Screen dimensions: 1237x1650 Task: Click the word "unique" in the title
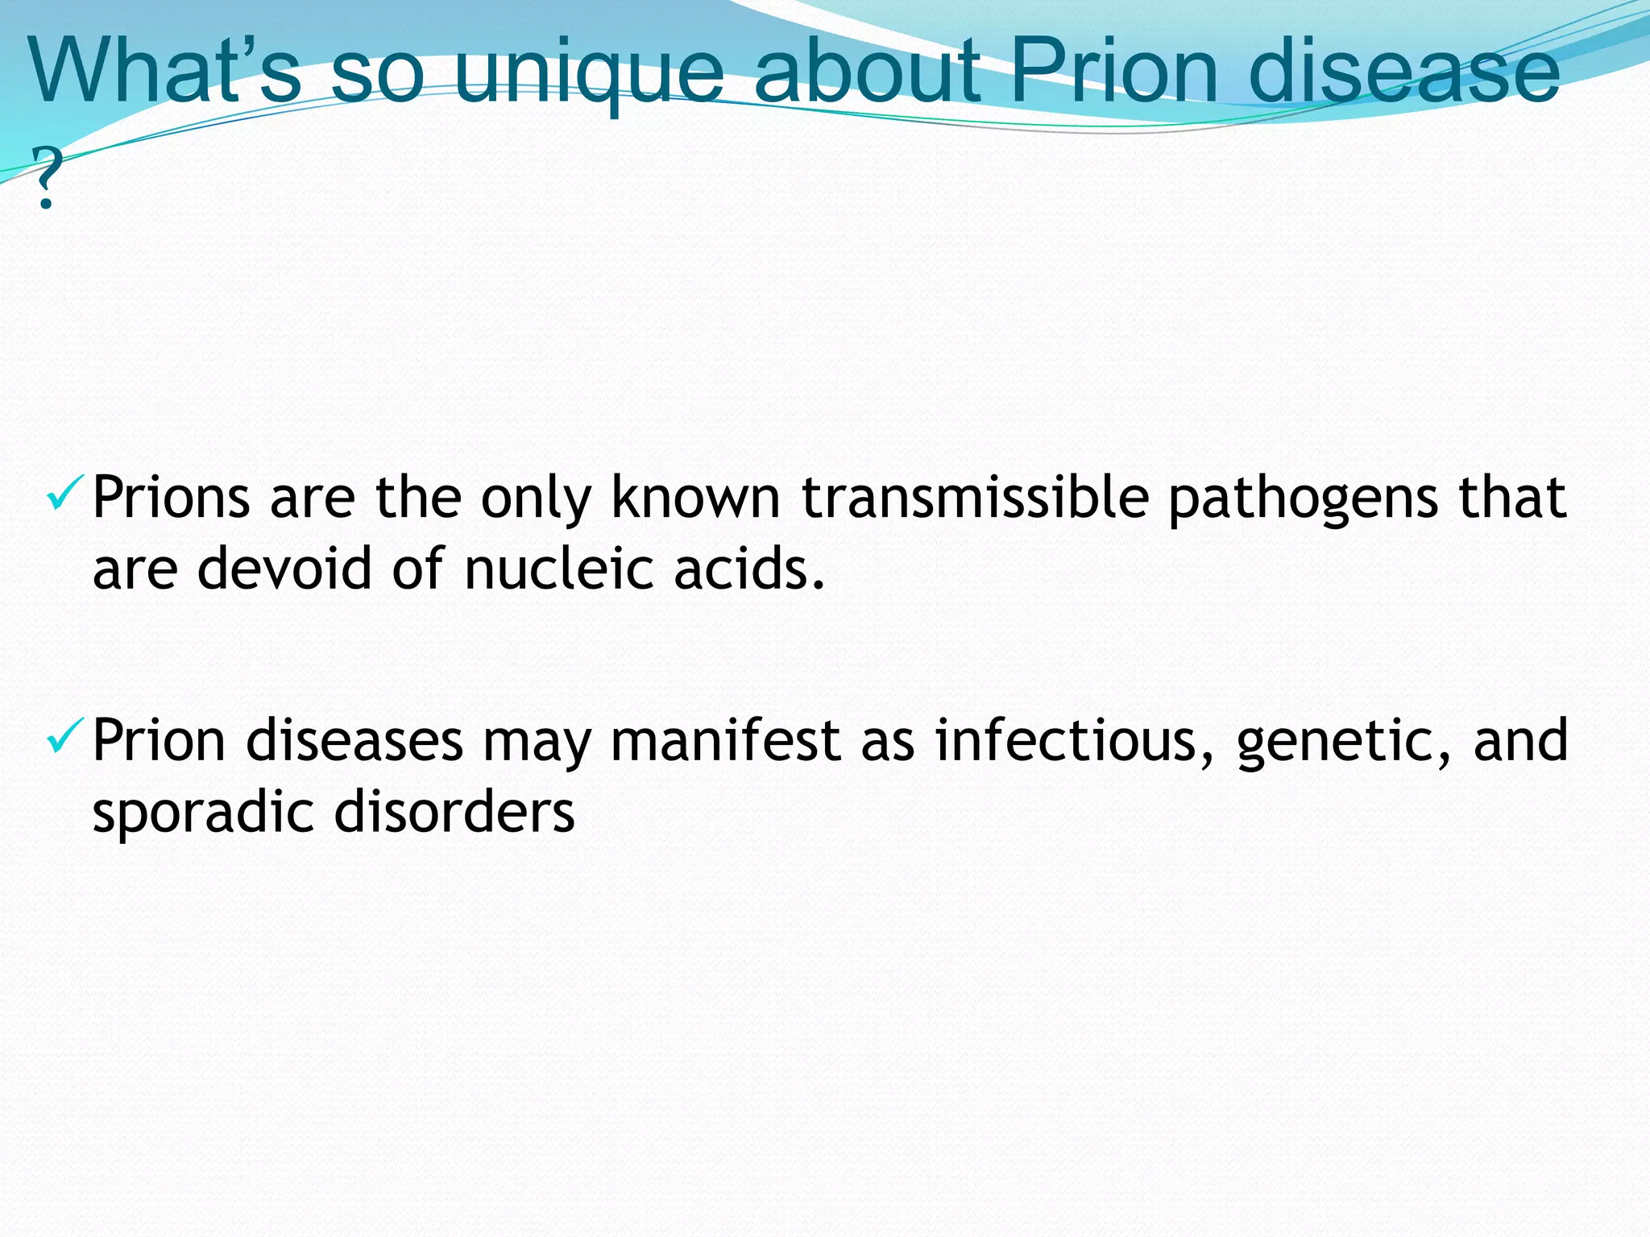(x=589, y=74)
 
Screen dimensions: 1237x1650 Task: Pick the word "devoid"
(x=284, y=569)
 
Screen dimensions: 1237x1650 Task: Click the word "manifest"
(x=725, y=741)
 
